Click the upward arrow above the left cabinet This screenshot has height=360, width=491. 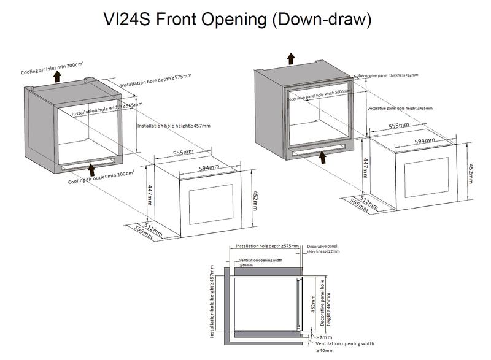pyautogui.click(x=56, y=77)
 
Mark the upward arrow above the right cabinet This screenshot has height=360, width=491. pyautogui.click(x=292, y=58)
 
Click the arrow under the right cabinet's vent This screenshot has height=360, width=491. pyautogui.click(x=322, y=156)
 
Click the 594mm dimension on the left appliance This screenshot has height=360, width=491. pyautogui.click(x=209, y=167)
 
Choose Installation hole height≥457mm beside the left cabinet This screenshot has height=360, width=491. pyautogui.click(x=173, y=125)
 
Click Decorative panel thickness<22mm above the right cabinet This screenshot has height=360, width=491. pyautogui.click(x=389, y=75)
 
